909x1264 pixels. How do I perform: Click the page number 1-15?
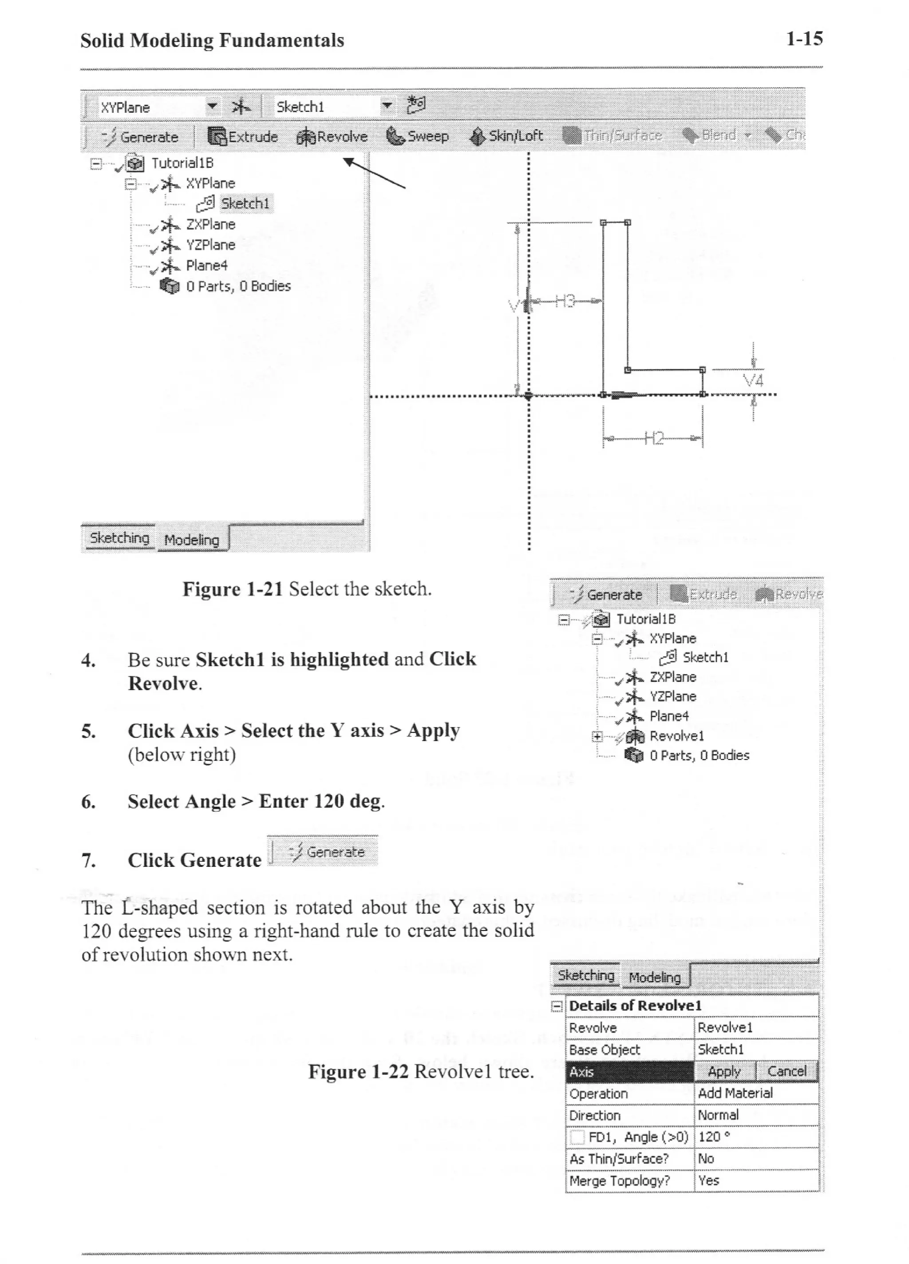point(804,39)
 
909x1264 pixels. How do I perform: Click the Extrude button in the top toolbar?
point(243,136)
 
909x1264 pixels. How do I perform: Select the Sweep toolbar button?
point(417,136)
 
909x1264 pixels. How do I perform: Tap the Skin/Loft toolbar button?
point(506,136)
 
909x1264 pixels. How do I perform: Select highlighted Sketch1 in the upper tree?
point(245,203)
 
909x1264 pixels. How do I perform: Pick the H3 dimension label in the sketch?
point(564,302)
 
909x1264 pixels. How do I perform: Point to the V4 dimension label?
point(753,381)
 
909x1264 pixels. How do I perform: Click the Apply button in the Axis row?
point(724,1071)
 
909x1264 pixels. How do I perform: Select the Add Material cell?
point(735,1093)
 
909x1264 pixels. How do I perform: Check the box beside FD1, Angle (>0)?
point(577,1137)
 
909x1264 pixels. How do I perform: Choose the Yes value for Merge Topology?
point(708,1181)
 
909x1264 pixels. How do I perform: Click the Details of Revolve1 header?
point(635,1006)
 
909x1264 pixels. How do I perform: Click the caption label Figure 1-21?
point(232,589)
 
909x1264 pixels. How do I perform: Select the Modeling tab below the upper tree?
point(192,540)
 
